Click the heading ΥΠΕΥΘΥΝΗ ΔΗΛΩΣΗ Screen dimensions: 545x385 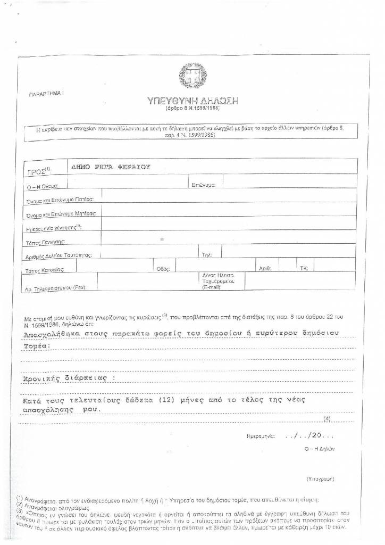point(192,101)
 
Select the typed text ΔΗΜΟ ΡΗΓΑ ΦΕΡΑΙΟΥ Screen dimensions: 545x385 point(111,167)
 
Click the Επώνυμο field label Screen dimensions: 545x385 point(203,185)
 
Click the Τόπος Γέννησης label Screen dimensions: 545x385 point(45,242)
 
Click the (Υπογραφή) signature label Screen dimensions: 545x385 point(320,479)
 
